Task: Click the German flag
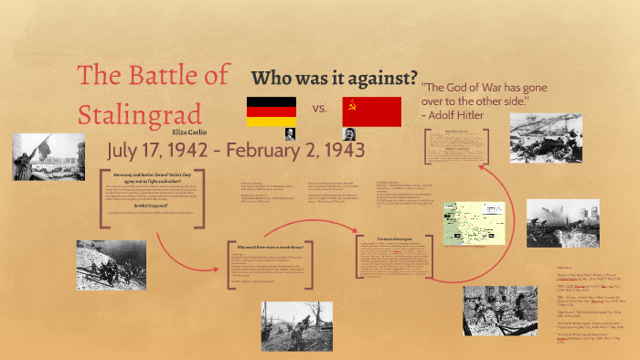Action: pos(271,111)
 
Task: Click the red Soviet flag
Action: pos(371,111)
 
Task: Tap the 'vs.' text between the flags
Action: pos(320,109)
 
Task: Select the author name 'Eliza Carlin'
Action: pos(200,132)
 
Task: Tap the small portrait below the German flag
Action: pos(290,133)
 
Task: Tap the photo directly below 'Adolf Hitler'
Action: pos(545,137)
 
